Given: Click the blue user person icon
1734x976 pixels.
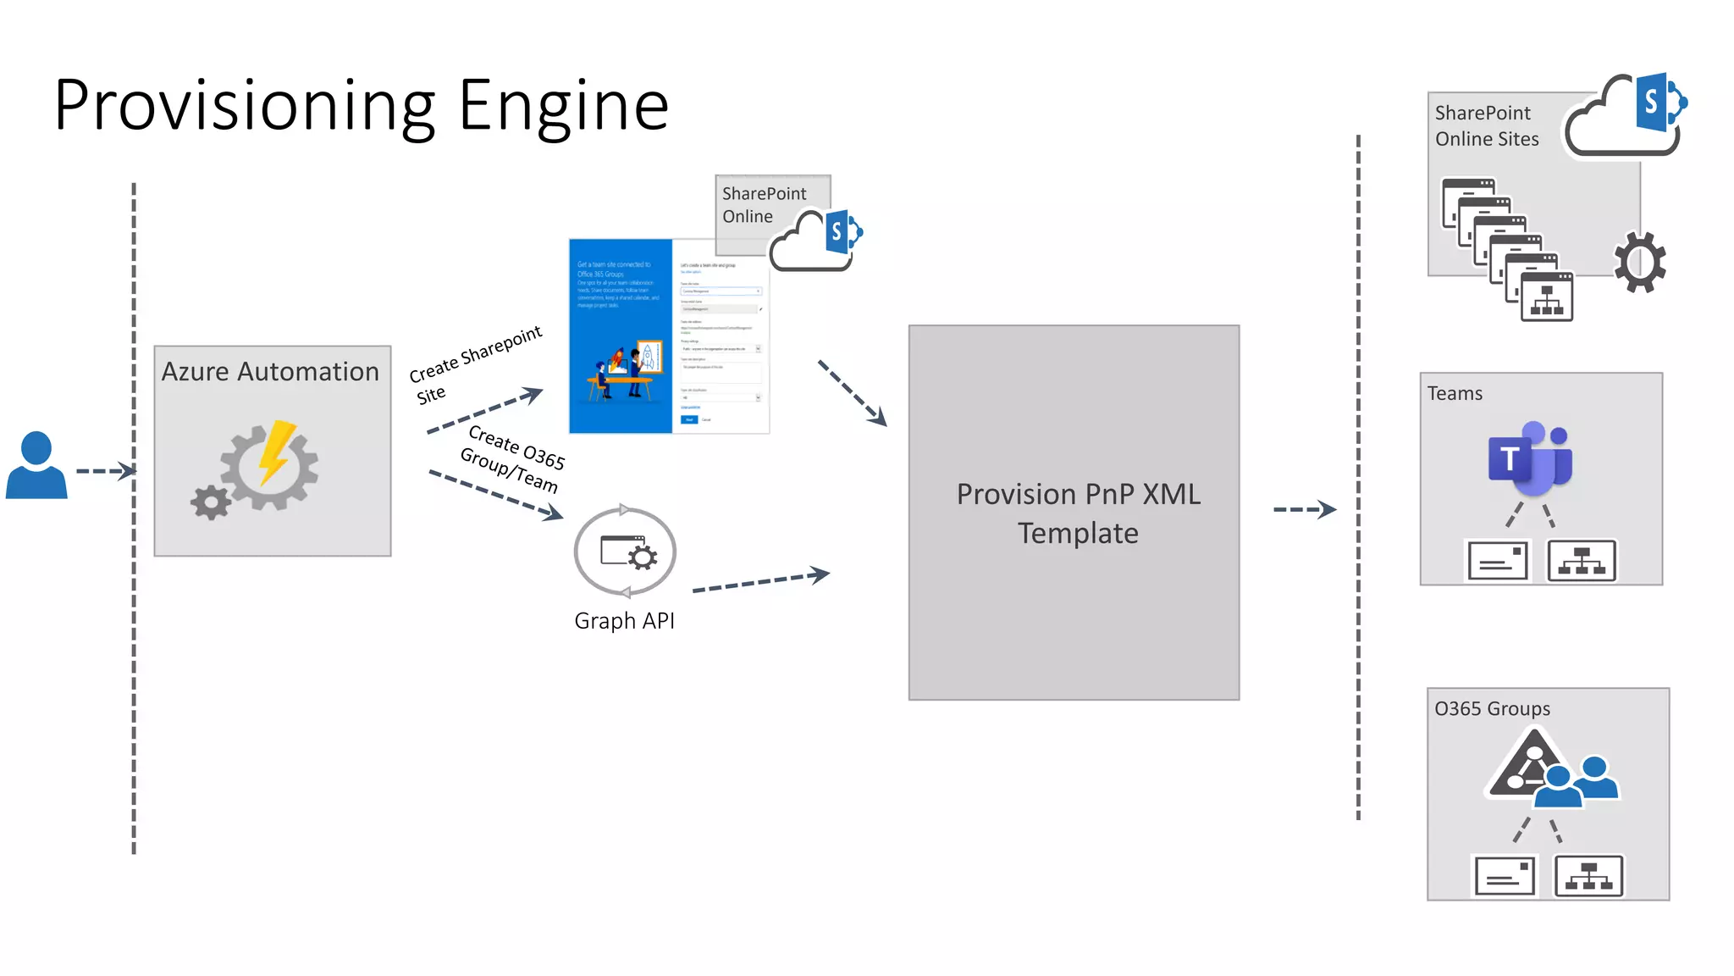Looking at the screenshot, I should tap(36, 466).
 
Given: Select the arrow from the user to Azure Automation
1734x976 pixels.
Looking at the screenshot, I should tap(105, 471).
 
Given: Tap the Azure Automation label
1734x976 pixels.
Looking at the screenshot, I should tap(270, 372).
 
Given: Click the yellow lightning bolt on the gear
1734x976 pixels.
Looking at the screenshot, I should tap(276, 452).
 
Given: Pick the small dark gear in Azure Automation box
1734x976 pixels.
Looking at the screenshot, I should tap(211, 502).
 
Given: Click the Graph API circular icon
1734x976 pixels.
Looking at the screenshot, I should tap(625, 552).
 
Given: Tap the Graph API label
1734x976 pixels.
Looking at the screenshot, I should tap(624, 621).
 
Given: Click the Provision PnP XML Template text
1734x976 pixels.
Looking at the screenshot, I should tap(1078, 513).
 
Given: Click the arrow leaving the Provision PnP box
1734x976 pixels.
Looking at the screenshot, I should tap(1304, 510).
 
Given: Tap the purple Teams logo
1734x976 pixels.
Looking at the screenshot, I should tap(1529, 459).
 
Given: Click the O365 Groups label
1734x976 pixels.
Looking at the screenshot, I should tap(1492, 709).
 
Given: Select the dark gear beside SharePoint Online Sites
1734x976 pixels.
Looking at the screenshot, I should tap(1639, 263).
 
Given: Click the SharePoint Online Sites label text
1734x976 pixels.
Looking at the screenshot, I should tap(1486, 126).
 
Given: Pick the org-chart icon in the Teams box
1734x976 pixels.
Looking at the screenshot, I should tap(1582, 561).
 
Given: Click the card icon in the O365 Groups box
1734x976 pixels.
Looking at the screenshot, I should tap(1505, 876).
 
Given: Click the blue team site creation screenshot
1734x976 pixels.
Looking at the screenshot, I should tap(621, 337).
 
